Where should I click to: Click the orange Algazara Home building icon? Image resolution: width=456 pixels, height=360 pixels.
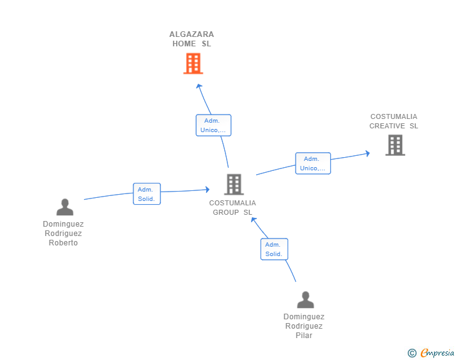tap(193, 63)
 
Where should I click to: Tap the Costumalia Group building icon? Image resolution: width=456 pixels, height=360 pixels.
tap(234, 184)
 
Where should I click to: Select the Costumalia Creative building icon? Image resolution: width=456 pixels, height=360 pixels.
tap(395, 145)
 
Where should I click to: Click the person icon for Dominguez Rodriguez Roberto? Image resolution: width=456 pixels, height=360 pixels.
tap(65, 207)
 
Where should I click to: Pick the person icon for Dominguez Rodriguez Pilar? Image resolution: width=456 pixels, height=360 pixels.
tap(305, 300)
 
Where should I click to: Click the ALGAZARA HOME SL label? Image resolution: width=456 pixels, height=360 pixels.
tap(192, 39)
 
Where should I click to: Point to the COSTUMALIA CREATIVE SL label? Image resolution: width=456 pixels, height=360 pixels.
tap(393, 121)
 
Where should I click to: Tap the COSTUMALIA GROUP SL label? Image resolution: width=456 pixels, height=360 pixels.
tap(232, 207)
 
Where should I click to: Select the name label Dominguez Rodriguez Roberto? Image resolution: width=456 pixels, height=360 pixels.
tap(63, 234)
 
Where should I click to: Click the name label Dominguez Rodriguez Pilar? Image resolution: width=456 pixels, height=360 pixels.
tap(304, 326)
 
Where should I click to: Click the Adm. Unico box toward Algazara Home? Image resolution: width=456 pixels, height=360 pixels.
tap(214, 125)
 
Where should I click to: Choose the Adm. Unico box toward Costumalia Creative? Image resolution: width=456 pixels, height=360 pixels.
tap(313, 163)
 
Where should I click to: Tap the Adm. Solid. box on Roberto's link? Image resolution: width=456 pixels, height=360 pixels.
tap(147, 194)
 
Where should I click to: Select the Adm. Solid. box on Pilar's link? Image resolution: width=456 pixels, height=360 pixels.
tap(274, 249)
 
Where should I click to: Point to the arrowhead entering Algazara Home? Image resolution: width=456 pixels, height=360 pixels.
tap(199, 86)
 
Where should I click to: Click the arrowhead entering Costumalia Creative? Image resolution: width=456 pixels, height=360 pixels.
tap(368, 152)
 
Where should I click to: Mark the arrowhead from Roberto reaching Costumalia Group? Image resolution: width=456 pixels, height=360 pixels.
tap(206, 189)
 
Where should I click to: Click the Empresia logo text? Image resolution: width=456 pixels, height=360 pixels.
tap(437, 353)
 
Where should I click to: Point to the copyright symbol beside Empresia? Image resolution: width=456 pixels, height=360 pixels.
tap(412, 353)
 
